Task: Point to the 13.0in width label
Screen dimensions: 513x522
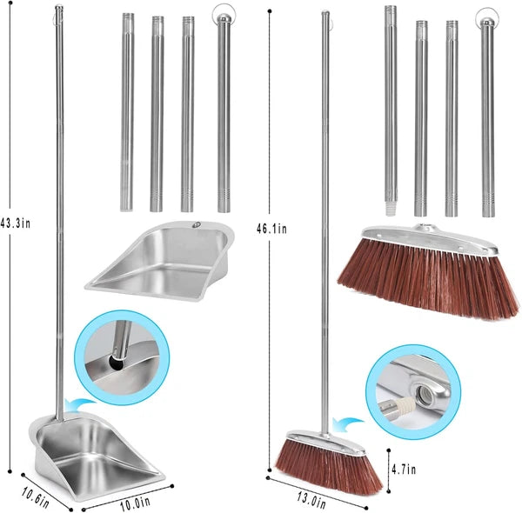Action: click(x=311, y=500)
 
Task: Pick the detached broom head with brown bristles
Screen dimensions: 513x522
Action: click(x=426, y=270)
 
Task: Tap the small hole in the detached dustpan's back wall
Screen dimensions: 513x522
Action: click(x=197, y=225)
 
